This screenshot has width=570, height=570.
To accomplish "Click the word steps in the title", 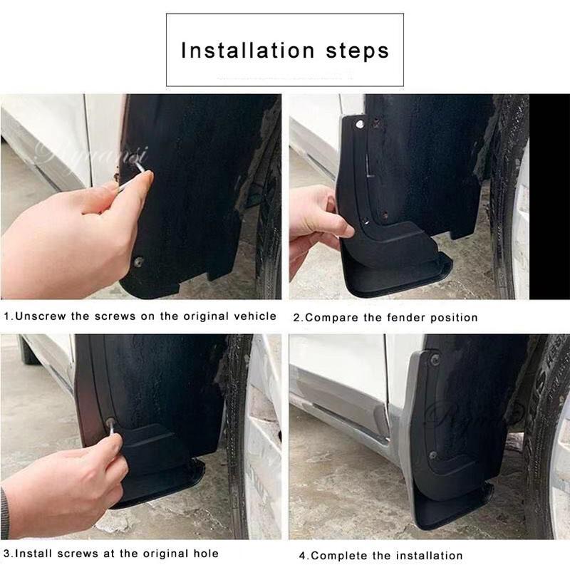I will tap(355, 51).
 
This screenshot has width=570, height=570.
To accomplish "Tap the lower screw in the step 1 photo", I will tap(138, 261).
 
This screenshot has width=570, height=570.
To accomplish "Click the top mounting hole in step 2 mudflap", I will tap(360, 124).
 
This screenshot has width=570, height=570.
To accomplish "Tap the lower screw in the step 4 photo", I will tap(432, 455).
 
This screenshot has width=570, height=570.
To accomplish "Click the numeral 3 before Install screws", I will tap(6, 553).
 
